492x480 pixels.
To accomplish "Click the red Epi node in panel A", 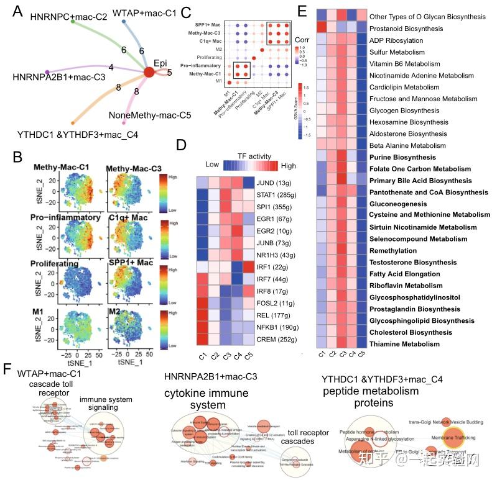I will pos(149,73).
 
